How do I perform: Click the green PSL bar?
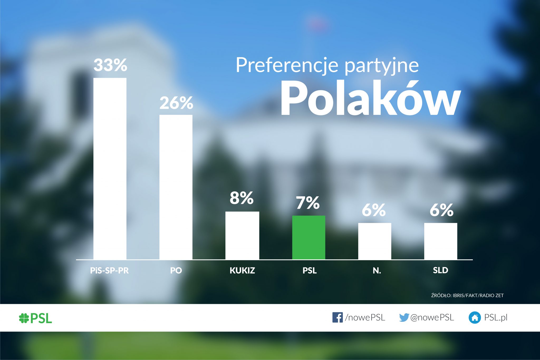point(308,237)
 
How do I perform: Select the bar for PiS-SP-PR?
point(110,169)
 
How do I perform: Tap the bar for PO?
point(176,187)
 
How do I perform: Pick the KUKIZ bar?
point(242,236)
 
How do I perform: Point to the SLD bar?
point(441,241)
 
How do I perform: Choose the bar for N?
point(375,241)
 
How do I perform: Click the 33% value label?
point(110,65)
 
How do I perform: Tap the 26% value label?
point(176,103)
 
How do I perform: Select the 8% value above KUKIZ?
point(242,198)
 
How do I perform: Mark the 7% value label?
point(308,203)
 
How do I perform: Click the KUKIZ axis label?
point(242,270)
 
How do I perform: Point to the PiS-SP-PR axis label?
point(109,270)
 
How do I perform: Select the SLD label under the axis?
point(441,270)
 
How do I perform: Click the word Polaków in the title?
point(370,98)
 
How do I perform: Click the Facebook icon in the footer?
point(337,317)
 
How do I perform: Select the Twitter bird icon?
point(404,317)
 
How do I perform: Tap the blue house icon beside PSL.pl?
point(475,318)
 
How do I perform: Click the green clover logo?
point(24,318)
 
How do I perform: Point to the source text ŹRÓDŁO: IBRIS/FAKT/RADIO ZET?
point(467,295)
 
